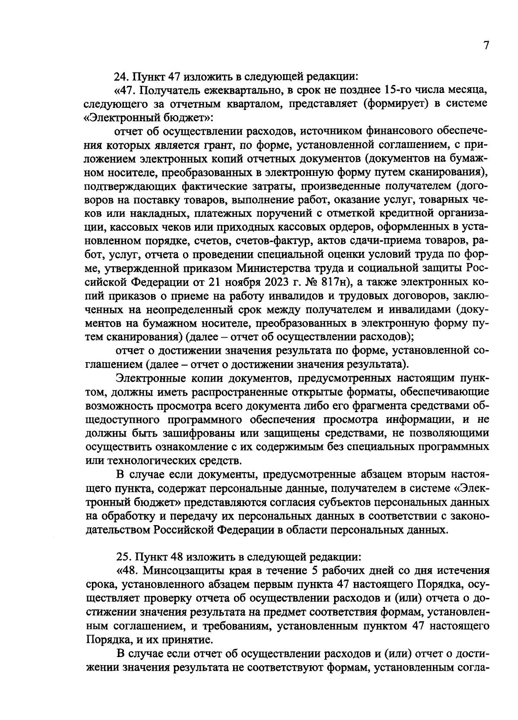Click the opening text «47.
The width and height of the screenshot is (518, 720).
[x=125, y=91]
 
